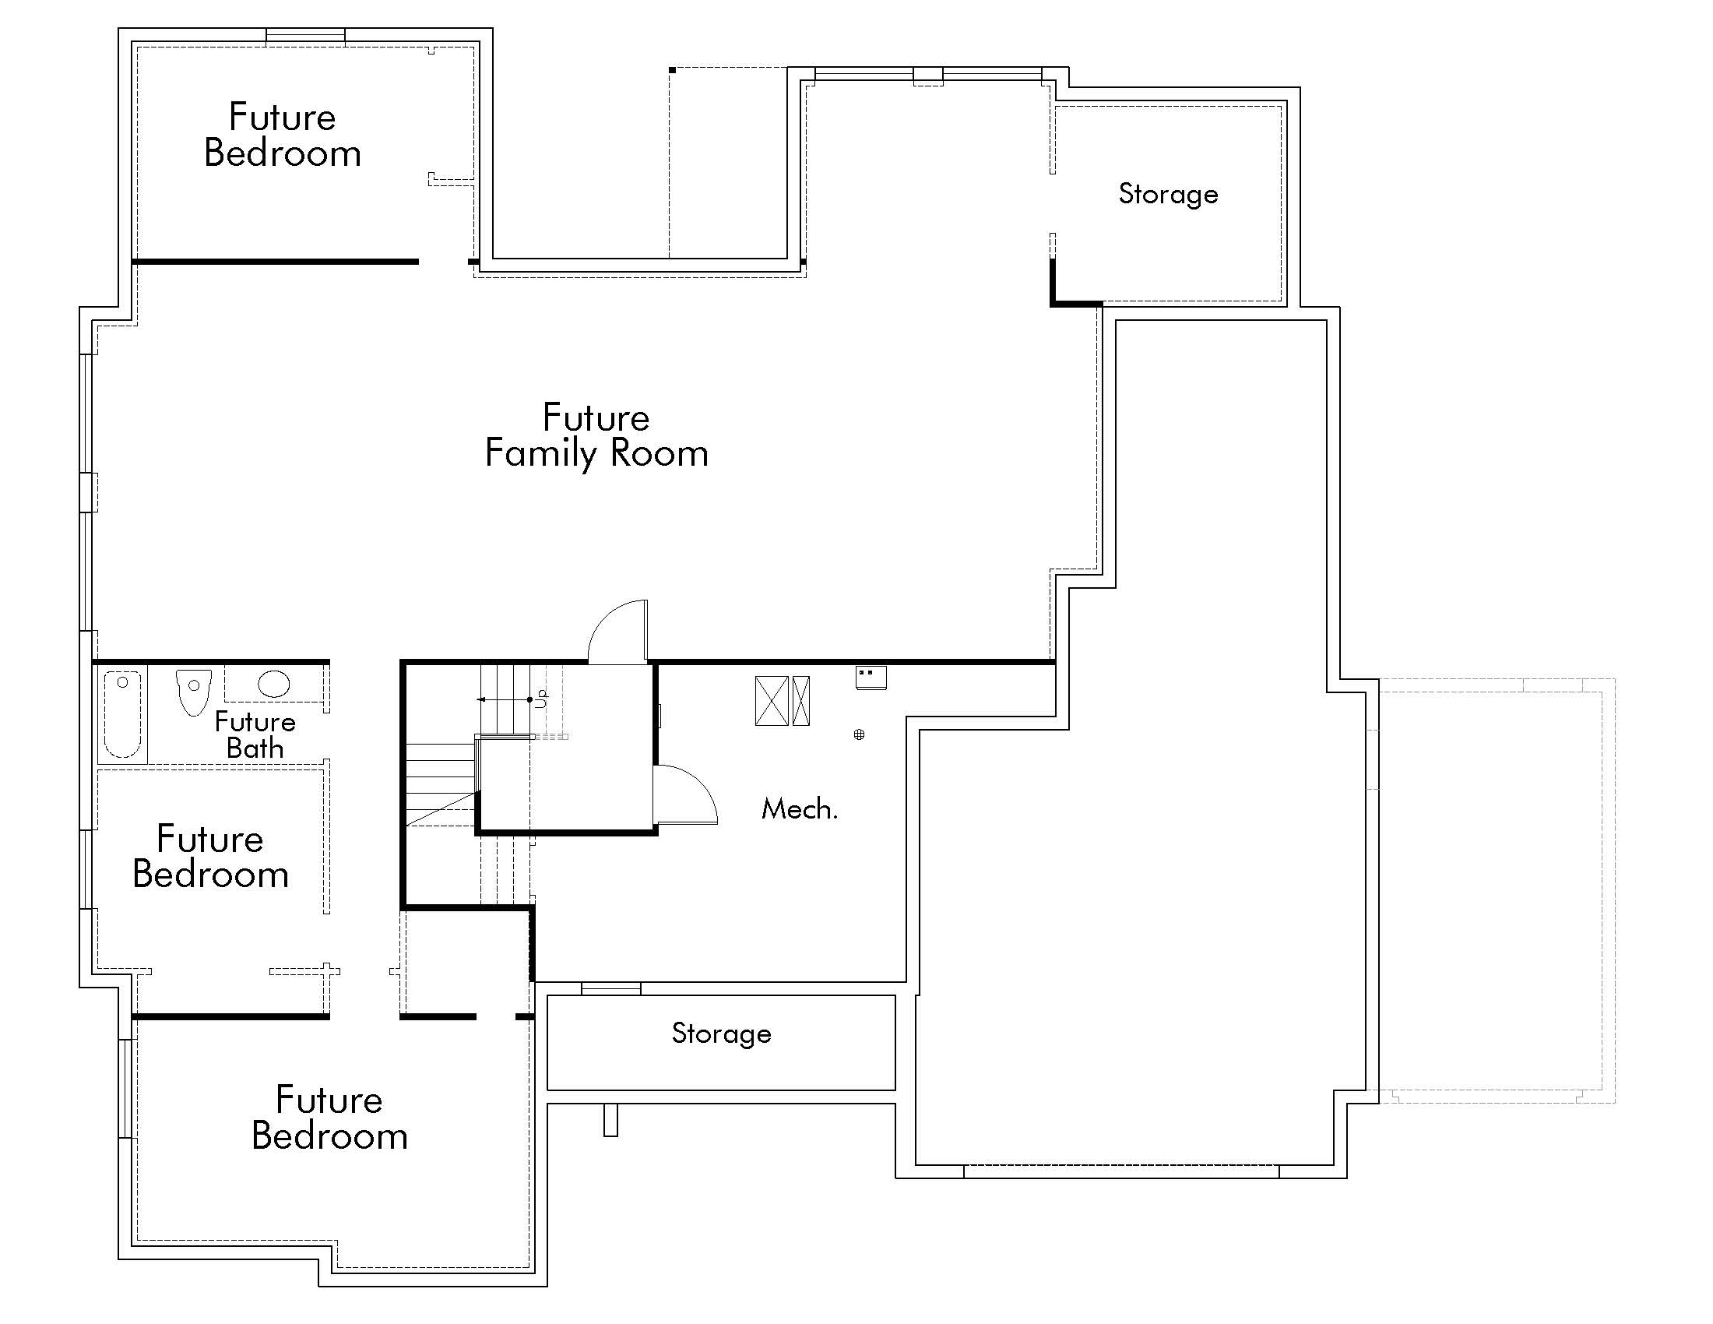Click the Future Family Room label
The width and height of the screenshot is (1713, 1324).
coord(596,435)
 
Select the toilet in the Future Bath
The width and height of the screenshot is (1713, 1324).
coord(193,690)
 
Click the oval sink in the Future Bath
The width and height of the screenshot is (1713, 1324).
coord(274,684)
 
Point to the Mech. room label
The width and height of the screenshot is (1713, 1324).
coord(799,808)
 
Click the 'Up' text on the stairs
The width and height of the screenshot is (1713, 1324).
coord(541,698)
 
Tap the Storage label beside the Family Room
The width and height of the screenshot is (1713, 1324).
coord(1168,194)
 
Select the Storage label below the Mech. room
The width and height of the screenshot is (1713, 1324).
coord(721,1033)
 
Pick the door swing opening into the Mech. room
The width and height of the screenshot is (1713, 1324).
coord(685,794)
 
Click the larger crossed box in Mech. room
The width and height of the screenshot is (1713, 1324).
coord(772,700)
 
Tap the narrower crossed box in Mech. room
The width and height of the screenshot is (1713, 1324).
coord(800,700)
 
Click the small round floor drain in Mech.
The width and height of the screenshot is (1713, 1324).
coord(859,734)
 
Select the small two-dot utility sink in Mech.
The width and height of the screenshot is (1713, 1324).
coord(871,677)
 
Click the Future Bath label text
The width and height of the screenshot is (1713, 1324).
coord(255,734)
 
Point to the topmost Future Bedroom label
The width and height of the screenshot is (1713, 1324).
coord(283,135)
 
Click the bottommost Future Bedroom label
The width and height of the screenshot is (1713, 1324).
coord(329,1118)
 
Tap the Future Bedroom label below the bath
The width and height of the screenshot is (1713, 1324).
coord(210,857)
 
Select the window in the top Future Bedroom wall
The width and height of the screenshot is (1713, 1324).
coord(305,36)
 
